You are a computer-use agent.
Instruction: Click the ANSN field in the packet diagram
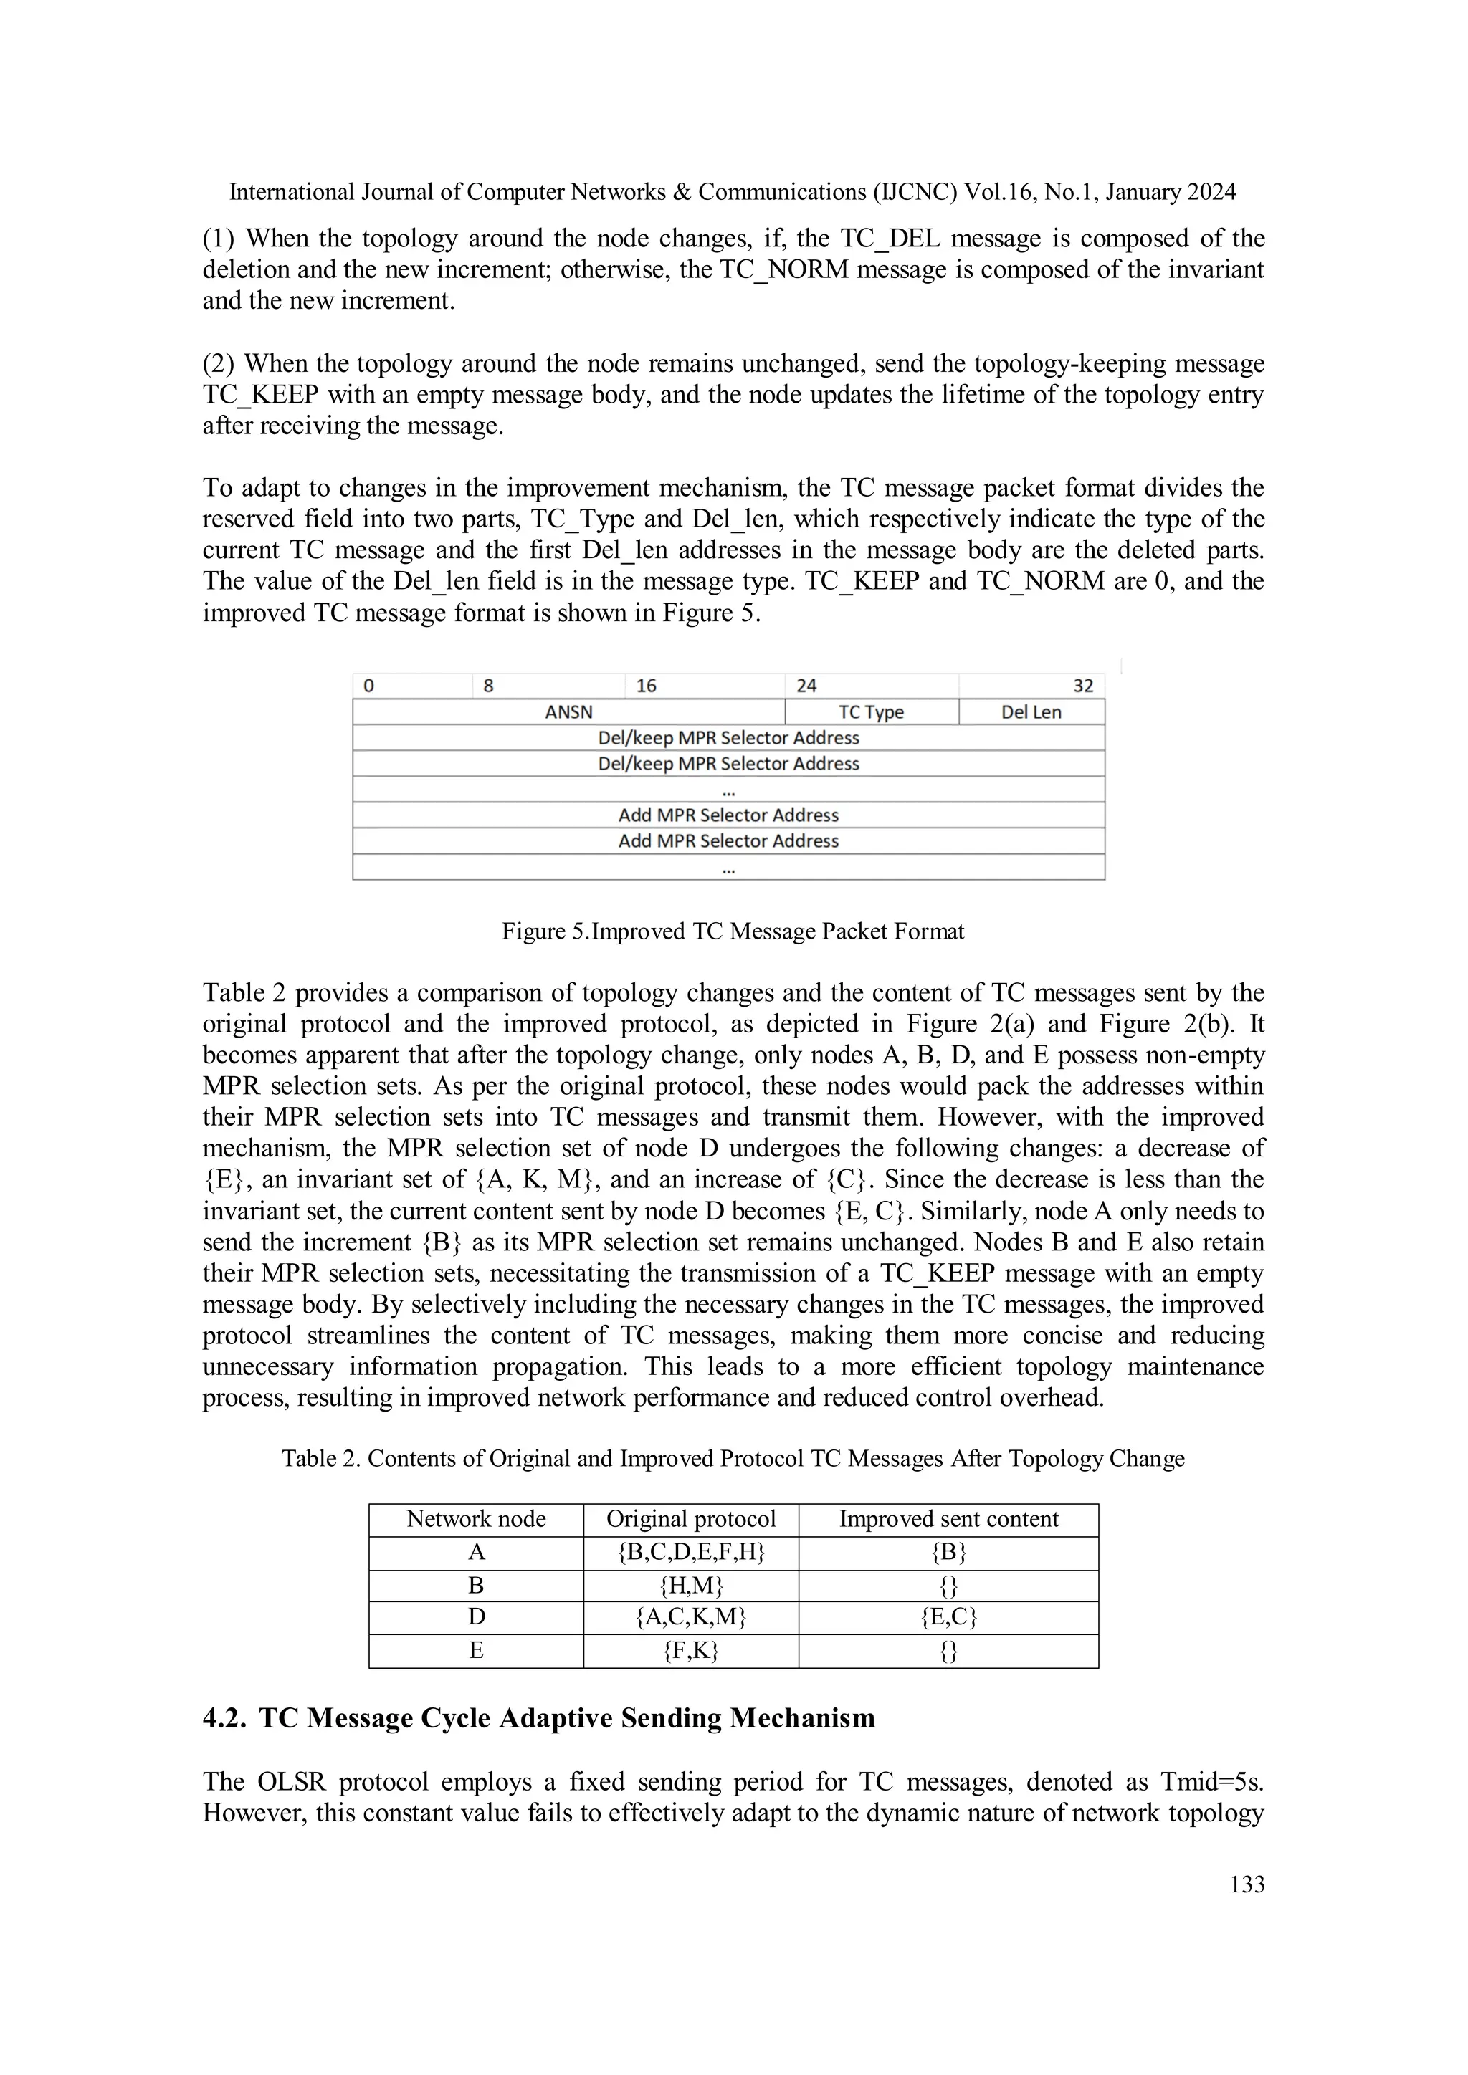(568, 712)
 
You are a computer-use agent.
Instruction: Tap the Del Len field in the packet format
(1031, 712)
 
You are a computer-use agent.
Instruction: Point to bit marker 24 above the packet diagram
(806, 686)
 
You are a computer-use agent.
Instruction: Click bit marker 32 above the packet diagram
(1082, 686)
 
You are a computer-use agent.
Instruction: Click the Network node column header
(477, 1519)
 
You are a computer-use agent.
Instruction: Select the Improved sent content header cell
(948, 1519)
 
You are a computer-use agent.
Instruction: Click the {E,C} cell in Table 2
(948, 1618)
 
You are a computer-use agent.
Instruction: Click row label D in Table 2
(477, 1618)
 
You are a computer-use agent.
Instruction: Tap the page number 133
(1247, 1884)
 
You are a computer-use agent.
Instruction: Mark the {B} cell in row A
(948, 1553)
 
